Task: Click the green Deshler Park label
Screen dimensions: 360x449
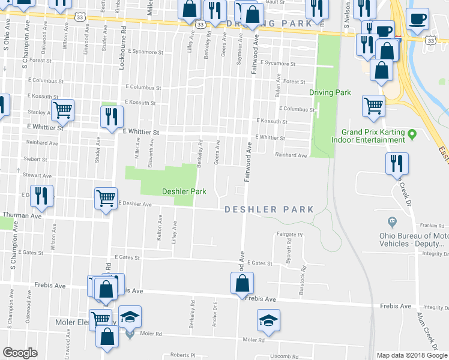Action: coord(184,192)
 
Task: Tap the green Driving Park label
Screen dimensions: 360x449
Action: coord(330,92)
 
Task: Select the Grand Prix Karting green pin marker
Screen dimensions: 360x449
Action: coord(412,133)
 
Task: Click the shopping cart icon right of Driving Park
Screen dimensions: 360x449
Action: coord(374,106)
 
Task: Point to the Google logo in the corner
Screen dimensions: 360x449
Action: coord(20,353)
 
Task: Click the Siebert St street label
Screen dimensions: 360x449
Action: coord(36,160)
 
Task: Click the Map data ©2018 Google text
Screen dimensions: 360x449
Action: coord(411,355)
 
